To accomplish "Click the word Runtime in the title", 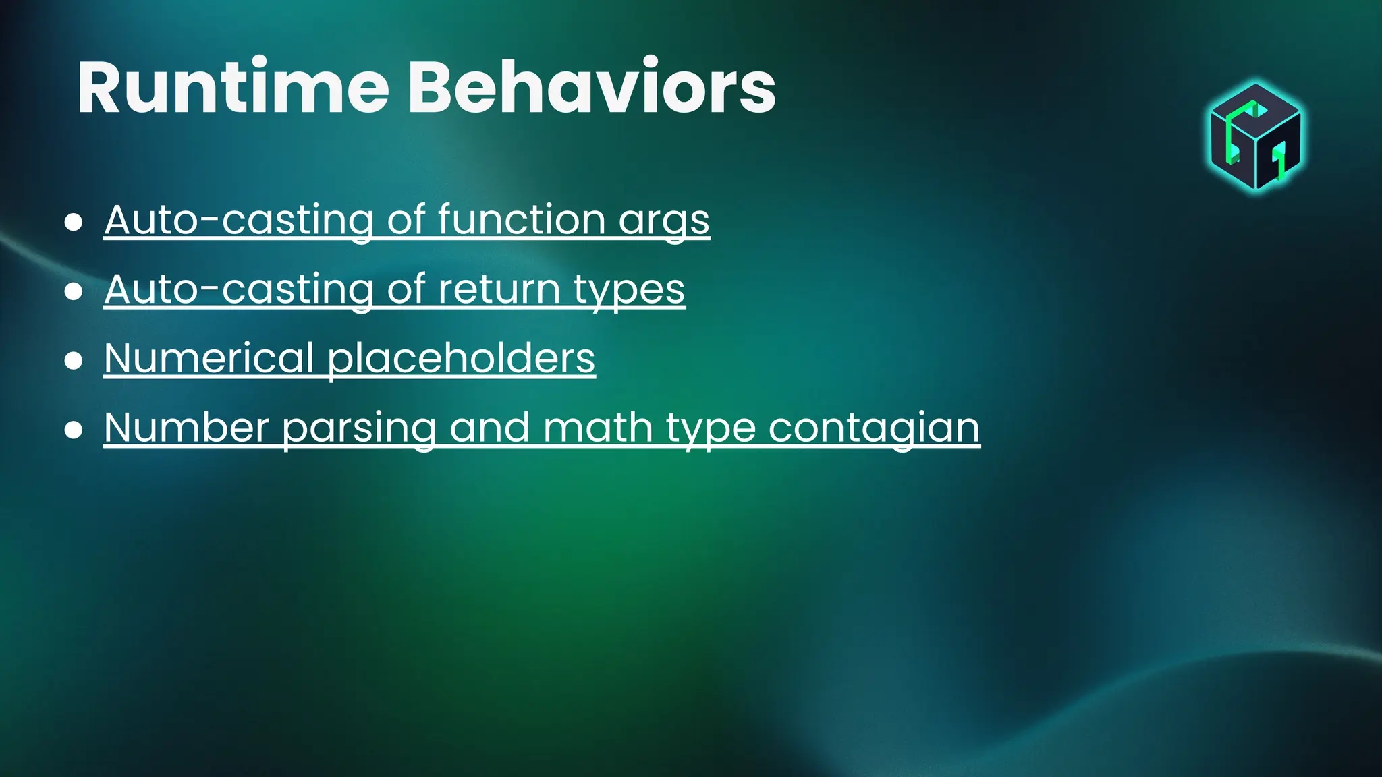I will tap(233, 88).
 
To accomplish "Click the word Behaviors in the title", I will tap(591, 88).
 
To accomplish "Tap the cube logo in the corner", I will tap(1255, 137).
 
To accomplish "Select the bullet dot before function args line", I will tap(74, 222).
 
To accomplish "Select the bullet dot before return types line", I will tap(74, 291).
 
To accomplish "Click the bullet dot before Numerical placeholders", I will tap(74, 361).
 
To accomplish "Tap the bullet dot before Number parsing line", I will tap(74, 430).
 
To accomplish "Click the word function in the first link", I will tap(521, 220).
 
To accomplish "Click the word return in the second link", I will tap(499, 289).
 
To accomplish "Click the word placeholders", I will tap(461, 359).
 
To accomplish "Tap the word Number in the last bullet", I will tap(187, 428).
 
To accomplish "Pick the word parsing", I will tap(359, 429).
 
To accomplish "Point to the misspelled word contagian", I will tap(873, 428).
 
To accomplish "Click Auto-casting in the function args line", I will tap(239, 220).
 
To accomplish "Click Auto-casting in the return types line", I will tap(239, 289).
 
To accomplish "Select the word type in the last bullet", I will tap(710, 429).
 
